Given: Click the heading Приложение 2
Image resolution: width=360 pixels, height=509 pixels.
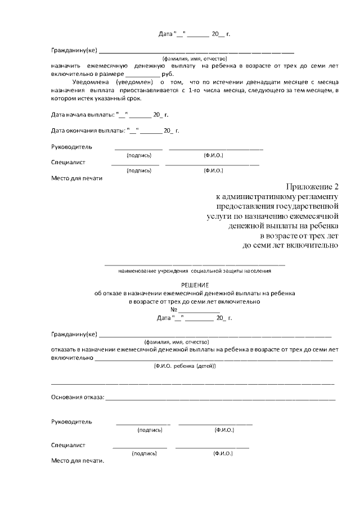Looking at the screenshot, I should tap(313, 187).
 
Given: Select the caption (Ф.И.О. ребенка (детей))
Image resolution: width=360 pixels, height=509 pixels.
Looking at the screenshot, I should tap(184, 366).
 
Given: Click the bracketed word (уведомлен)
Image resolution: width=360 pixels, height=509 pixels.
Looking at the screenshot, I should tap(134, 82).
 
